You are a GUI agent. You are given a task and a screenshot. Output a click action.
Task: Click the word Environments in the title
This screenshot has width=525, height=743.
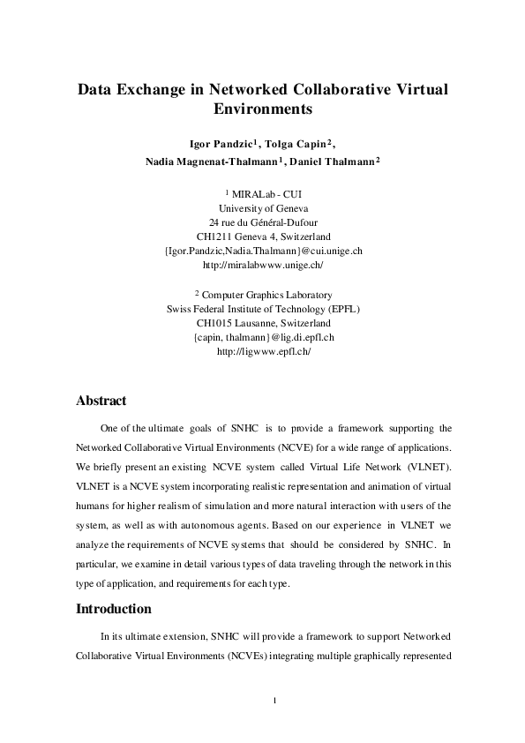(x=263, y=111)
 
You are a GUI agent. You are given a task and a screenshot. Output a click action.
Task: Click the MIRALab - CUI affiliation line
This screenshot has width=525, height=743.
(x=267, y=194)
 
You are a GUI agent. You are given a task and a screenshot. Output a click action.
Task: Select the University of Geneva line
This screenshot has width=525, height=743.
(x=263, y=208)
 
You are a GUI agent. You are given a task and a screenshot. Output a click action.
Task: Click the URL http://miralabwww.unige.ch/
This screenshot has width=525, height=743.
(x=263, y=265)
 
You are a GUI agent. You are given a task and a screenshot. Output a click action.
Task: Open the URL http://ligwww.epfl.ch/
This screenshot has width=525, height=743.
(x=263, y=351)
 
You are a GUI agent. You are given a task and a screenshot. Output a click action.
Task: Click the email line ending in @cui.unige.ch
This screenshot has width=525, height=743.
(x=263, y=251)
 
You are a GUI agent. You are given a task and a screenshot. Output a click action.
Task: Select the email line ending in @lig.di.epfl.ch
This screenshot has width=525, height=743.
(x=263, y=337)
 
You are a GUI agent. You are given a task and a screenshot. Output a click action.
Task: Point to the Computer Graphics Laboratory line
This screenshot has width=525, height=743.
(x=266, y=295)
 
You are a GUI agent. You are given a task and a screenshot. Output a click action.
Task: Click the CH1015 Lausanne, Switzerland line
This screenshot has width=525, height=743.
(x=263, y=323)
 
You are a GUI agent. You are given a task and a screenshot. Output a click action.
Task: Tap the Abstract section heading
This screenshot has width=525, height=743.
(x=101, y=401)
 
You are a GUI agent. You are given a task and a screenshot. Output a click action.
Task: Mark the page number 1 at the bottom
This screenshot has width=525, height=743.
(x=275, y=702)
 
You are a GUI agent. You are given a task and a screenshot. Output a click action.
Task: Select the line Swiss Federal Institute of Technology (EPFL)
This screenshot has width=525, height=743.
(x=263, y=309)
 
